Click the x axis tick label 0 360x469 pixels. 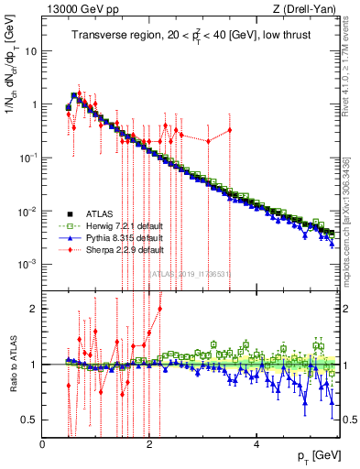[x=42, y=444]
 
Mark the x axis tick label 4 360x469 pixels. [x=257, y=444]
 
